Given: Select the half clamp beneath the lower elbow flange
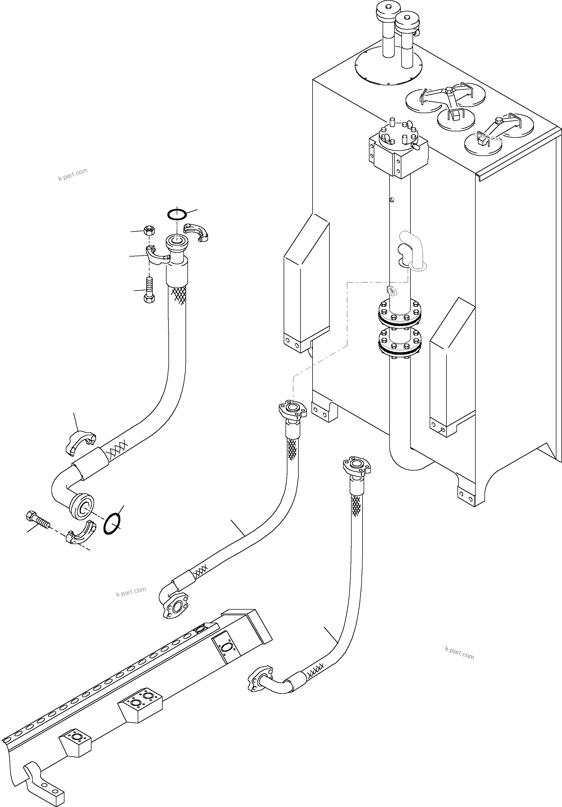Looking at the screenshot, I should click(80, 533).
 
